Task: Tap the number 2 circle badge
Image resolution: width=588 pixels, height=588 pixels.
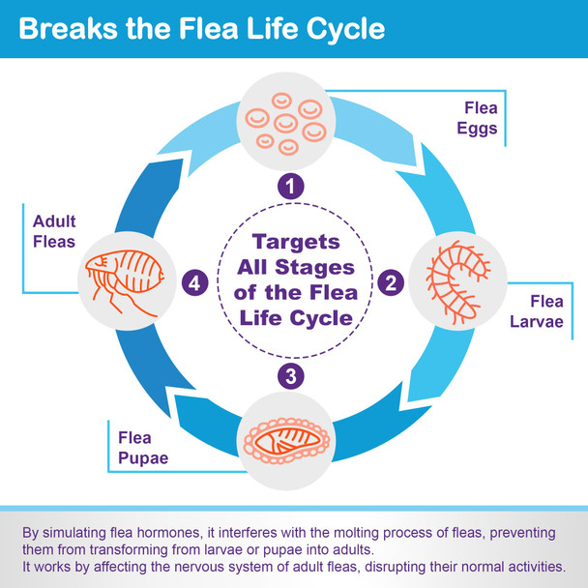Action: (392, 282)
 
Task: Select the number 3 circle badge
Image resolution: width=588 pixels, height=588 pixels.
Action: (293, 374)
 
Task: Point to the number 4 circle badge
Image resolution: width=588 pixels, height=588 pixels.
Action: (194, 282)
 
